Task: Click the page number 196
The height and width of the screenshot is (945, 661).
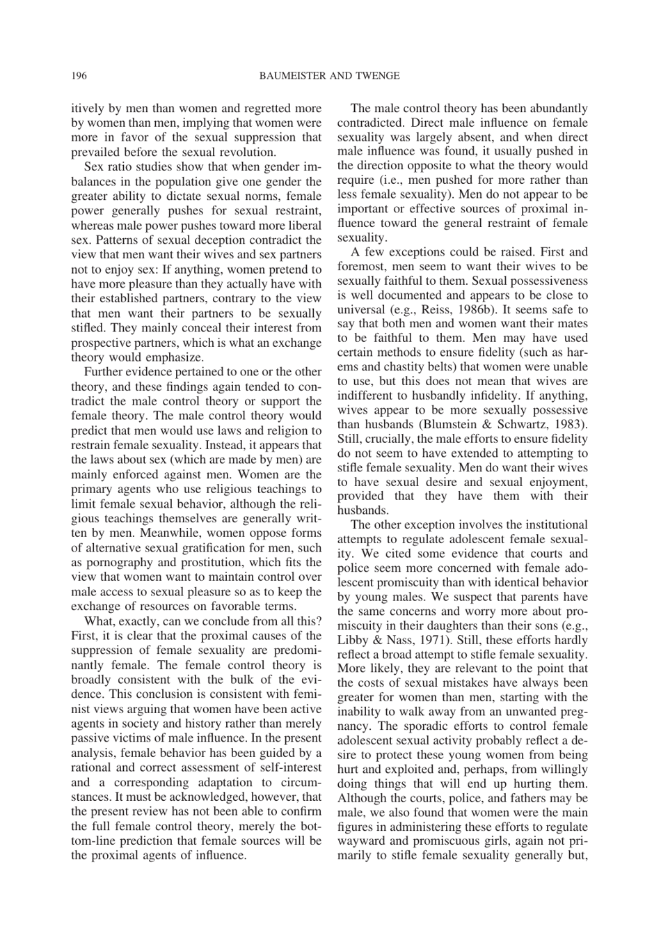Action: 79,76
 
